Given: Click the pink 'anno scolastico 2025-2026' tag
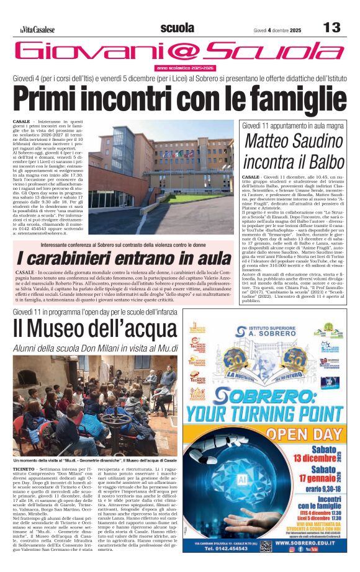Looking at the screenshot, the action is point(185,68).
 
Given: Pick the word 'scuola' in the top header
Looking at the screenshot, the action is point(177,28).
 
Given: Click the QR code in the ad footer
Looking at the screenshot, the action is point(266,545).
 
